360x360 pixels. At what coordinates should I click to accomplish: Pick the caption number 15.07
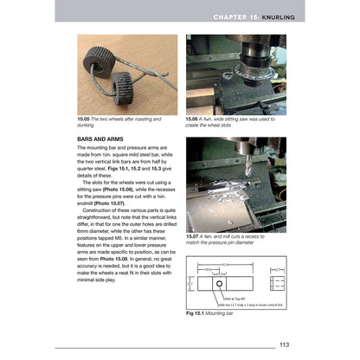coord(195,234)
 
